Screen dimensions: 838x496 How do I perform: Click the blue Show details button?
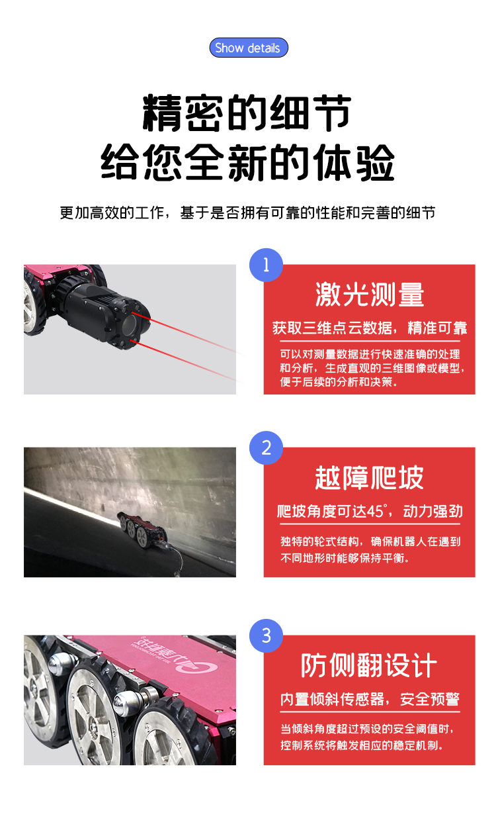[248, 48]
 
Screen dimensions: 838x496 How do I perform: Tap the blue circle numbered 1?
[266, 265]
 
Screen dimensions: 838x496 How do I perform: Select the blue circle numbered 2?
[266, 448]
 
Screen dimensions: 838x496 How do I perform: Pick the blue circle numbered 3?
[266, 636]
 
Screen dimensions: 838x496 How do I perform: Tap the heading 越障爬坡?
[369, 478]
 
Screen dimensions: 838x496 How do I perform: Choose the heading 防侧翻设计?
[369, 665]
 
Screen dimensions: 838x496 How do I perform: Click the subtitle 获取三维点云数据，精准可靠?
[369, 328]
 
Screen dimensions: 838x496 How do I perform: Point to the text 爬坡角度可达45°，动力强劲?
[369, 511]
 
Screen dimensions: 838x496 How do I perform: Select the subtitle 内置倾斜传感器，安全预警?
[369, 699]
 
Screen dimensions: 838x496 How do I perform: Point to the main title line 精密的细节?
[247, 113]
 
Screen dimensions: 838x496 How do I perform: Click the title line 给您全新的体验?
[247, 162]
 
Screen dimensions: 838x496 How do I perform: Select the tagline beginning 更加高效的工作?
[247, 213]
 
